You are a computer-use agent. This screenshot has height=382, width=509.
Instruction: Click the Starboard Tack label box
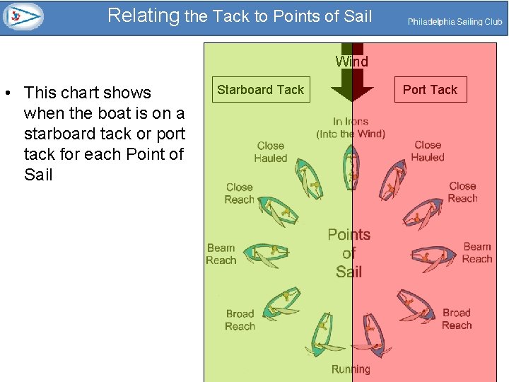260,90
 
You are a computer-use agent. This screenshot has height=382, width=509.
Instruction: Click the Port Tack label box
430,90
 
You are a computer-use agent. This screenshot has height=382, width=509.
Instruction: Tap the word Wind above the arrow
351,62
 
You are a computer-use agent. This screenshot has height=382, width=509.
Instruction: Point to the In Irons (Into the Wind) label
351,127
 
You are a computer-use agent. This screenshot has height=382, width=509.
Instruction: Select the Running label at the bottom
351,369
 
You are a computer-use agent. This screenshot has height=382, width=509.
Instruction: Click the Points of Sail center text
349,253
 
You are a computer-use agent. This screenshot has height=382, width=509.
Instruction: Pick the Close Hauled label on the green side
270,151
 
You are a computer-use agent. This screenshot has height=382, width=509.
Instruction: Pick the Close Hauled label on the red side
428,151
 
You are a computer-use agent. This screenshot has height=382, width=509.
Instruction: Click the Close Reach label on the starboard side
239,193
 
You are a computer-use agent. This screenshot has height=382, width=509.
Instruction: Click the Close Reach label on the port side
462,192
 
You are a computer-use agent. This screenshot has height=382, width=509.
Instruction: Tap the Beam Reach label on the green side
221,254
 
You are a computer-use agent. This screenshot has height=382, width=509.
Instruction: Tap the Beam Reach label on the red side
477,253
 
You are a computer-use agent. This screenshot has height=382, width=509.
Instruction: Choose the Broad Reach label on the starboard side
240,320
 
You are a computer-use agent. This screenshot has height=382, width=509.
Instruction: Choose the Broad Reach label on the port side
456,318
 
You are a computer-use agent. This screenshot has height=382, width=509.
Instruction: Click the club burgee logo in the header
23,16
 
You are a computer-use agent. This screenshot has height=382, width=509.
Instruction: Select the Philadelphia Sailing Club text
455,22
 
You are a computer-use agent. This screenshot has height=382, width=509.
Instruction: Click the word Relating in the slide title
144,16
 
